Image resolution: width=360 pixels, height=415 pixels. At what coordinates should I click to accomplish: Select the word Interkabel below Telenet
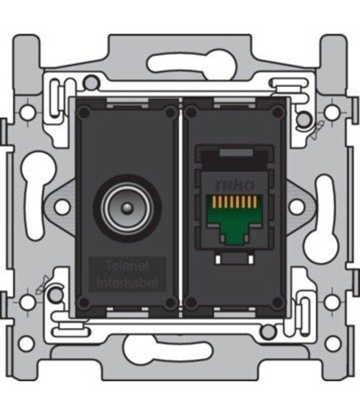127,283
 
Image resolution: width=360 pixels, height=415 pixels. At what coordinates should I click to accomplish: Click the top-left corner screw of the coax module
84,113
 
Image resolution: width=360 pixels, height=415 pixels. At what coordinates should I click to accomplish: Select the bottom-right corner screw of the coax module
170,302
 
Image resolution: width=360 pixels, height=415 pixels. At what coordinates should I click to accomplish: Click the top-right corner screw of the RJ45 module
277,113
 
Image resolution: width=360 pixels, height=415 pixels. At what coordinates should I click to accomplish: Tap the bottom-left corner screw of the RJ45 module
191,302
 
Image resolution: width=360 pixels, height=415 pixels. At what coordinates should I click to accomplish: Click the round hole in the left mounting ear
63,207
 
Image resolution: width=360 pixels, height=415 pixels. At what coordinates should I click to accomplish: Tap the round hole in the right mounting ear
297,207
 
